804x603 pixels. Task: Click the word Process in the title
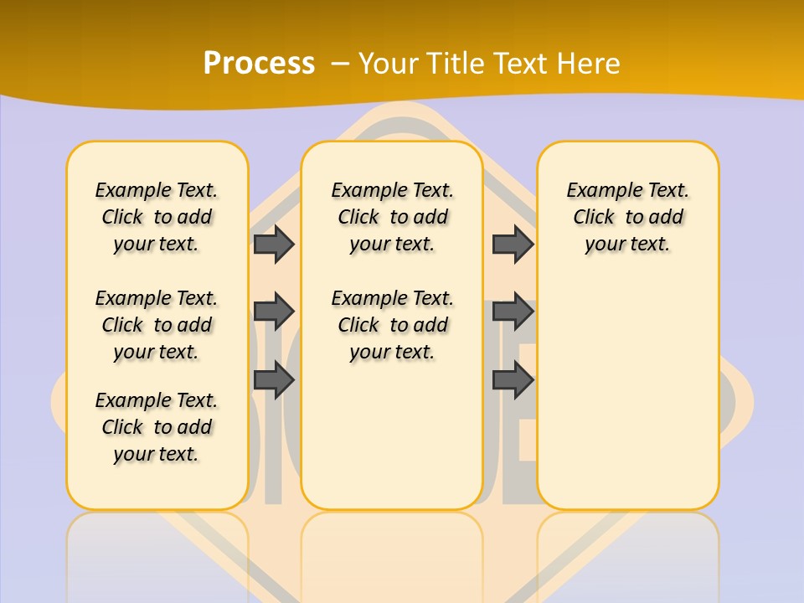(259, 63)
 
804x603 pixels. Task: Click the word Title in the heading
(456, 63)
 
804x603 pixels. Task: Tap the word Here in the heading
(589, 63)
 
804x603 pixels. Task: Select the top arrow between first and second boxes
(274, 244)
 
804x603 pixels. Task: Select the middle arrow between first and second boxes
(274, 312)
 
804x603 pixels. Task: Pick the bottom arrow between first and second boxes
(274, 380)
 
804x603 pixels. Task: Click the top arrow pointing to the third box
(513, 244)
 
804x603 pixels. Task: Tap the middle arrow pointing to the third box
(513, 312)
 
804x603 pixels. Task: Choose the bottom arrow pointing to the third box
(513, 380)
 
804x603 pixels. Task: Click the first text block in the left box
(157, 217)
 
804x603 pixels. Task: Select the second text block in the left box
(157, 325)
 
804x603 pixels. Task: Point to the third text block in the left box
(157, 427)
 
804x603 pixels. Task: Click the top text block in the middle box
(392, 217)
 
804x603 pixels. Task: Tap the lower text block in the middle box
(392, 325)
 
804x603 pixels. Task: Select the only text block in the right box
(627, 217)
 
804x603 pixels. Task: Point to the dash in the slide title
(339, 63)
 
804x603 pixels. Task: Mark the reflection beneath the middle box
(392, 553)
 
